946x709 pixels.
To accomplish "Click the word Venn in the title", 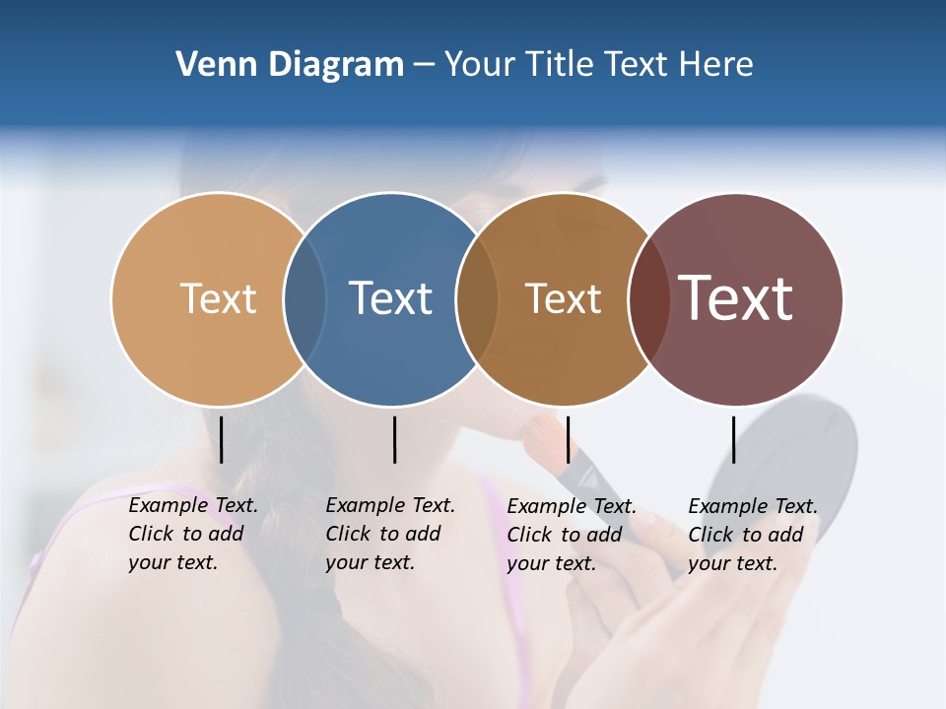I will (x=209, y=65).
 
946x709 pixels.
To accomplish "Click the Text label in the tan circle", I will (x=218, y=298).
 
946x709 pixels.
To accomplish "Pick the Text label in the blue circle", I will (x=391, y=298).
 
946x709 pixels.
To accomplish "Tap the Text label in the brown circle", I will (x=563, y=298).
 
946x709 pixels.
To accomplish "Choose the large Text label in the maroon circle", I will (x=736, y=298).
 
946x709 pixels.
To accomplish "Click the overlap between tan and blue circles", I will (x=304, y=299).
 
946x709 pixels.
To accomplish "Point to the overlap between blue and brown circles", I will (x=477, y=299).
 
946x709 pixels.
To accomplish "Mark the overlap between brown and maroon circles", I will (x=648, y=299).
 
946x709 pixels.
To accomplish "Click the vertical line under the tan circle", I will (x=222, y=439).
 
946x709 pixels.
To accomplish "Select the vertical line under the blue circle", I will (x=394, y=439).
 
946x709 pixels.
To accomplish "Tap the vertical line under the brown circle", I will (x=568, y=439).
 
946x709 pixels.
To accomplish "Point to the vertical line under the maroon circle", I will (x=734, y=439).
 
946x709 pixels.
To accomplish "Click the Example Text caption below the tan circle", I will (x=193, y=534).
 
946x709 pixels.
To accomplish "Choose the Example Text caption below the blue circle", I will (x=390, y=534).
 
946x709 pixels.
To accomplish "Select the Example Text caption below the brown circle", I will (x=572, y=535).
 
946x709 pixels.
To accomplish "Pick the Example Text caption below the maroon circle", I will (x=753, y=535).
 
